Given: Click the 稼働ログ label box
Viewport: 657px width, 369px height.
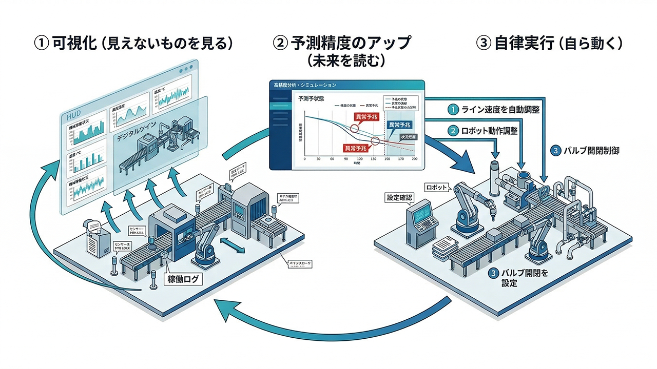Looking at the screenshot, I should [182, 280].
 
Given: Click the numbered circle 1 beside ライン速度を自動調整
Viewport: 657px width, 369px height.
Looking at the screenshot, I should [452, 109].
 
